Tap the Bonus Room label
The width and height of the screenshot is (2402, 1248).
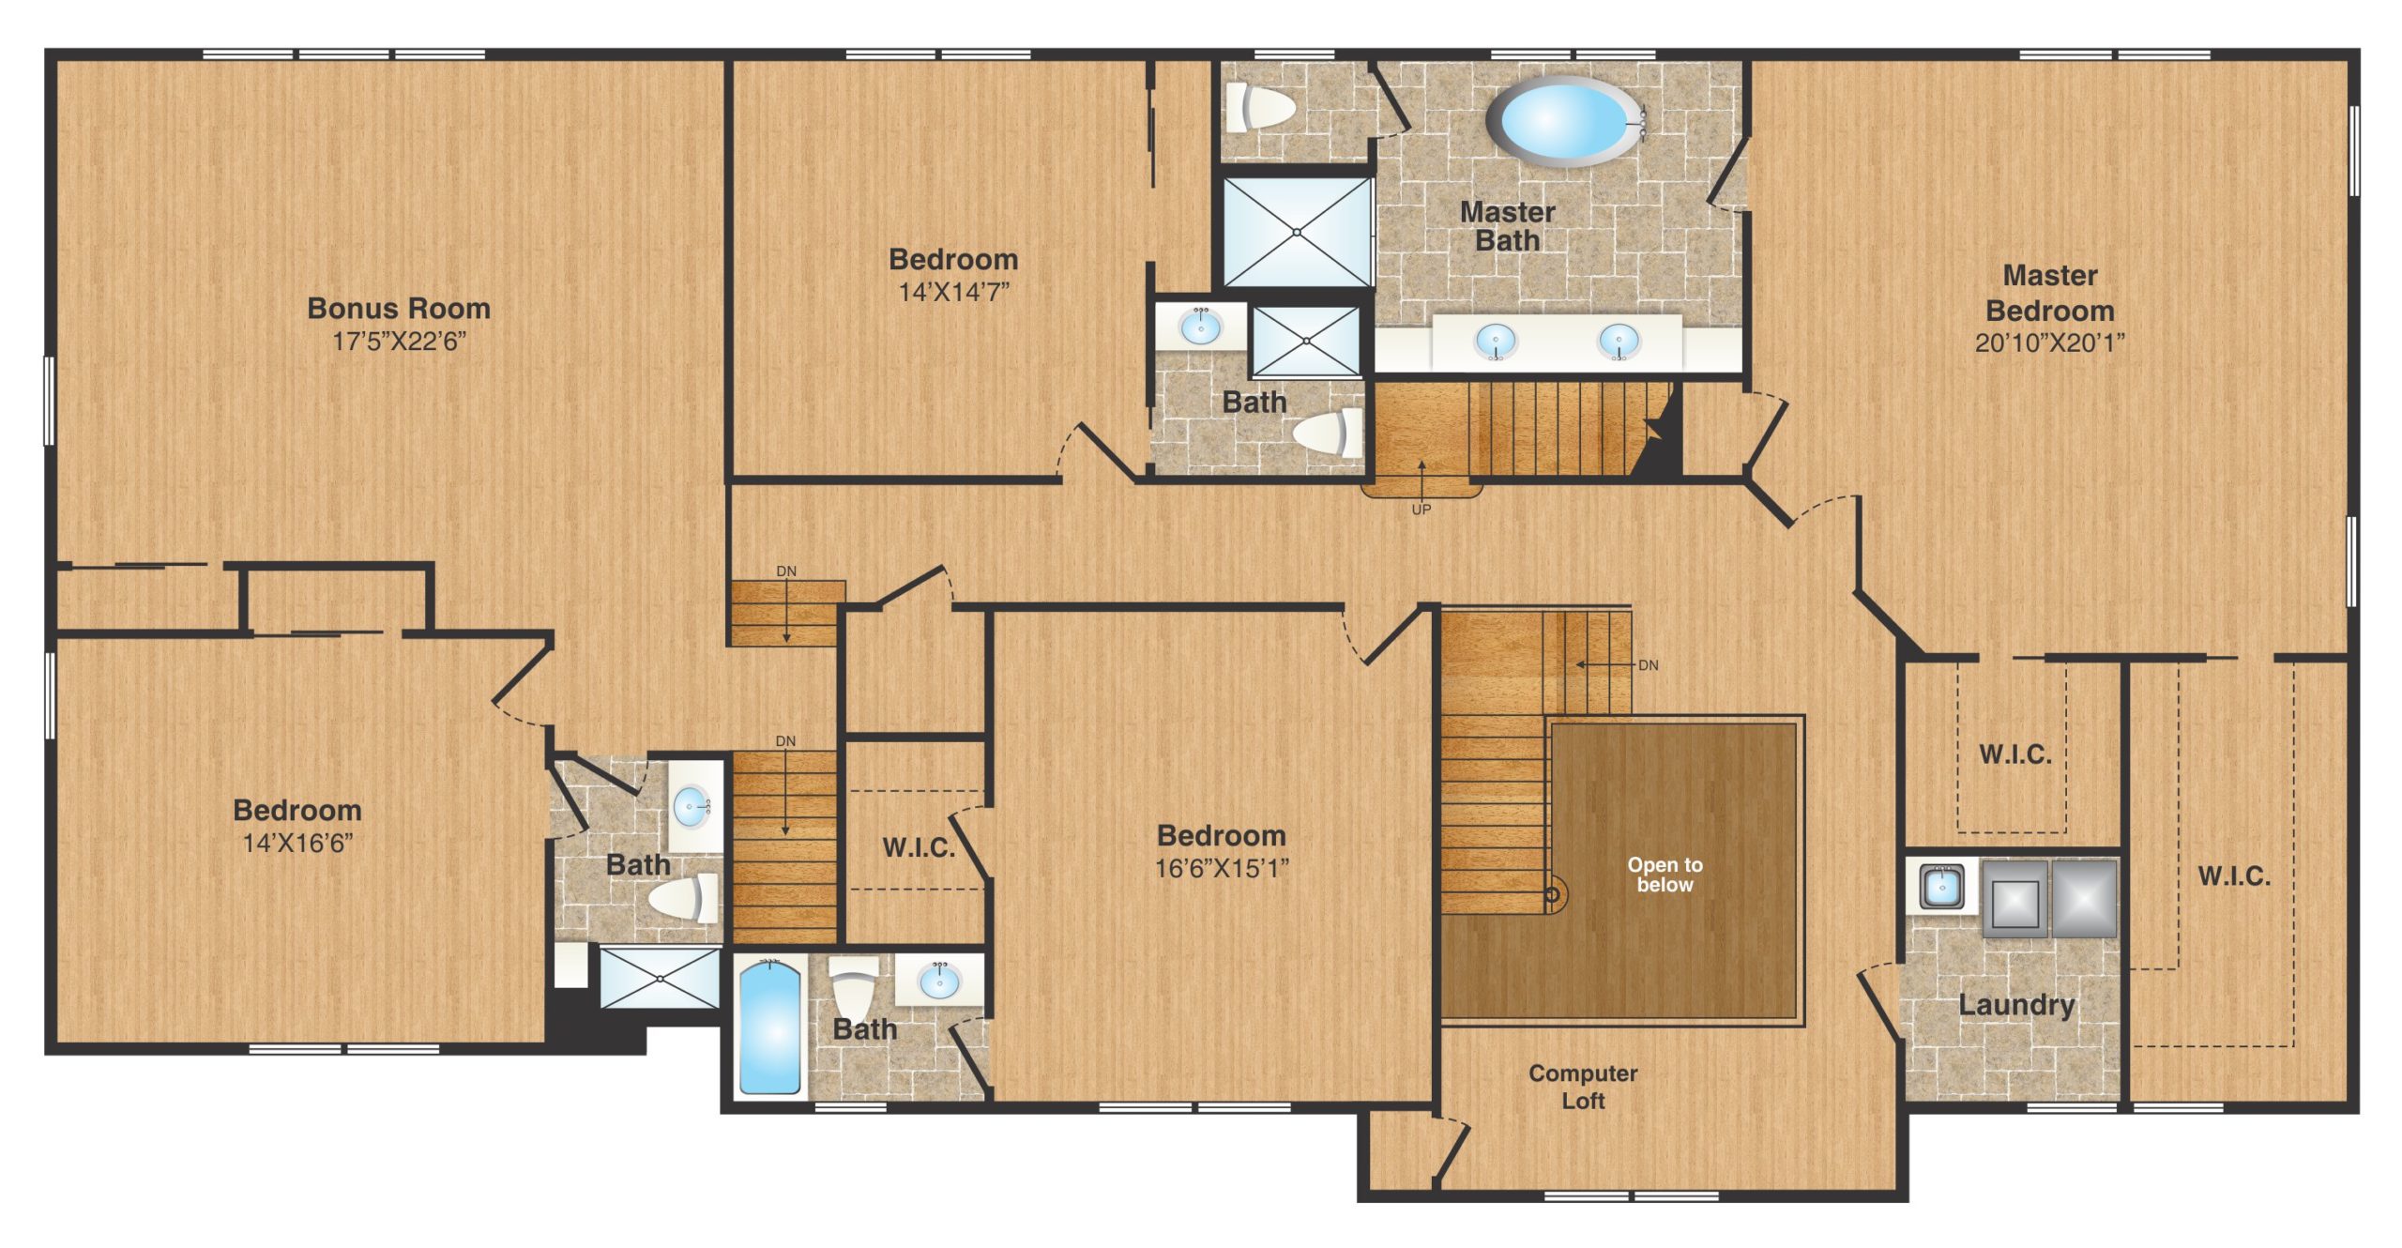[399, 308]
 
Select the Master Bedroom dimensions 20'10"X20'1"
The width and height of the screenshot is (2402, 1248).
[2049, 342]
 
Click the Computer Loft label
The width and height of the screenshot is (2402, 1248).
[1583, 1087]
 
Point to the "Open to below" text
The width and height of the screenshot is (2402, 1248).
[1665, 875]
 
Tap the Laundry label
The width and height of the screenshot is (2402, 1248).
[2016, 1005]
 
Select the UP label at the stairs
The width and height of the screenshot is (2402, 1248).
[1421, 510]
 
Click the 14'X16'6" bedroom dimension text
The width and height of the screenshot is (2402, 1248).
[297, 843]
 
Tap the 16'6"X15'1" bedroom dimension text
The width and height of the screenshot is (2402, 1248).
[1221, 868]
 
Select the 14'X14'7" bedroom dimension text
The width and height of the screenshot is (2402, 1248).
[953, 292]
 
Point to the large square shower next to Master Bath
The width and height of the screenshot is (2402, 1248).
[1297, 232]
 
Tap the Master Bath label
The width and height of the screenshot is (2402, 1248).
[1507, 226]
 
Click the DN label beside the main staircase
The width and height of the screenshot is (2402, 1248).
[1649, 665]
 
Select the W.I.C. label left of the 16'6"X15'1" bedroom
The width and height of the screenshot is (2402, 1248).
[919, 848]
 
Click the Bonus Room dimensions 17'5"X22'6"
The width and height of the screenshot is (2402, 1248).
[399, 342]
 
